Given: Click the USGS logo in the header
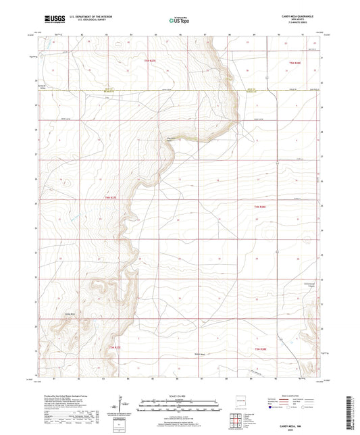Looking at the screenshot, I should pyautogui.click(x=54, y=19).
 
